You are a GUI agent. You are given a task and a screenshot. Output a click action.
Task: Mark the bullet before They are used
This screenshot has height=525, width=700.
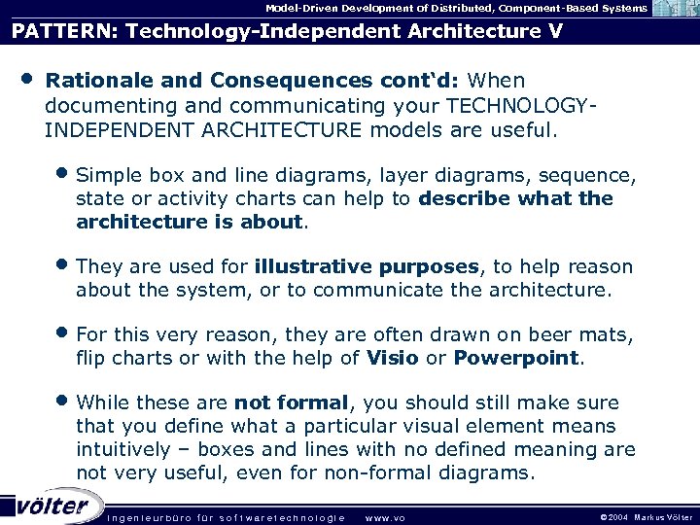pos(63,265)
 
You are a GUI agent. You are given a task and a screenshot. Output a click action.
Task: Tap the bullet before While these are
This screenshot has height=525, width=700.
pos(63,402)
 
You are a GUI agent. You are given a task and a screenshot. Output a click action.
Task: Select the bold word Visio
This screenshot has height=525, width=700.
pos(393,358)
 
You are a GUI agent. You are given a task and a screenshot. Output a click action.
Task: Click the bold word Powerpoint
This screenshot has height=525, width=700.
pos(515,358)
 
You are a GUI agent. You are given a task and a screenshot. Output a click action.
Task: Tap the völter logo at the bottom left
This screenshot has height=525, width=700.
pos(51,506)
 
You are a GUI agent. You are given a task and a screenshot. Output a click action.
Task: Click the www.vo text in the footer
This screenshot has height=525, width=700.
pos(384,517)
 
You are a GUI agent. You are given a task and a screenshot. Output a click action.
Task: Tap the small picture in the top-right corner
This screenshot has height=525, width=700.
pos(675,8)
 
